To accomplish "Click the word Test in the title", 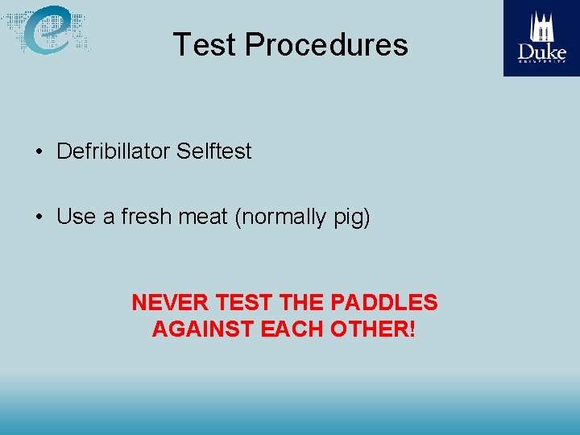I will pyautogui.click(x=205, y=44).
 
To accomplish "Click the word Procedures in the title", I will pyautogui.click(x=326, y=44).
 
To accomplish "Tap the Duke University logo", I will pyautogui.click(x=541, y=38).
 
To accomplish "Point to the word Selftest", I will pyautogui.click(x=213, y=151).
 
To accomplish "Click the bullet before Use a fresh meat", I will pyautogui.click(x=39, y=217).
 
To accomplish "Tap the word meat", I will pyautogui.click(x=204, y=217).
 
